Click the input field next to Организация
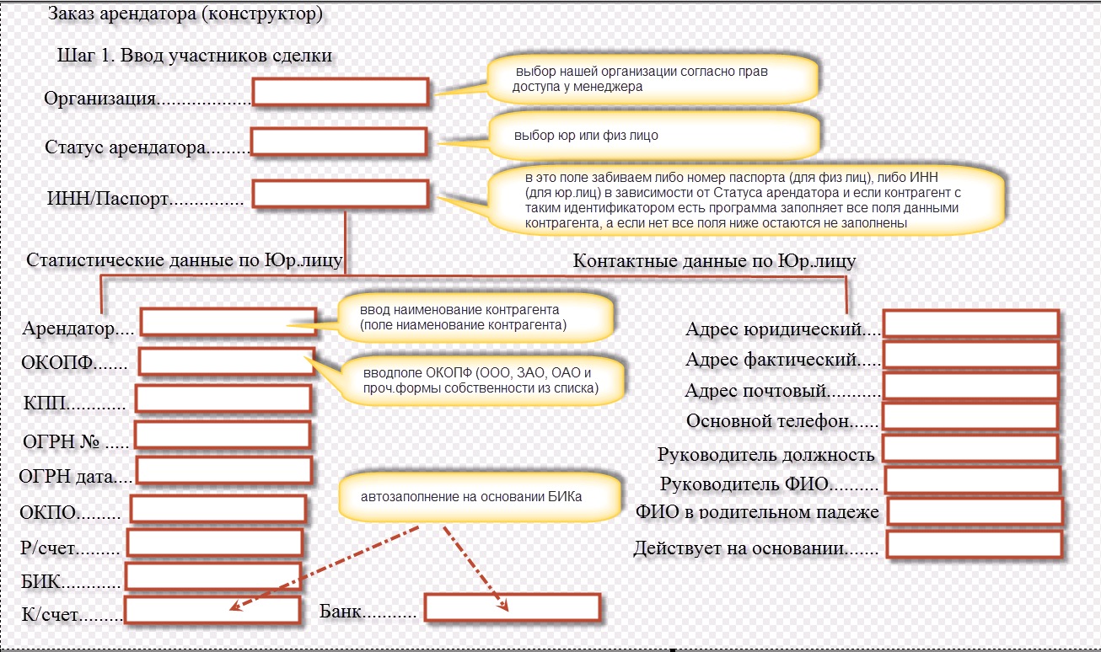[341, 92]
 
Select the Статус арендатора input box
[338, 142]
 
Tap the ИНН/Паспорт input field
[341, 195]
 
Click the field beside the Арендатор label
[228, 322]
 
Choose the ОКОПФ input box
[226, 361]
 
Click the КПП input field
[223, 398]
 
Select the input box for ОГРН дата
[223, 470]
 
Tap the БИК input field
[212, 576]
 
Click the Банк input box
[512, 607]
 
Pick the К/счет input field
[212, 610]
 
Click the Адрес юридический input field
[970, 324]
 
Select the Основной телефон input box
[969, 417]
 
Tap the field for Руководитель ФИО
[971, 480]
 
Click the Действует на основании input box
[973, 544]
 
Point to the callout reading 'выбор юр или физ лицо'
[653, 136]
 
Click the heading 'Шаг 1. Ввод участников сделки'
[194, 56]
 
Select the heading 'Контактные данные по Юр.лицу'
[714, 261]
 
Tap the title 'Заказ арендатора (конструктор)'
[185, 14]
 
